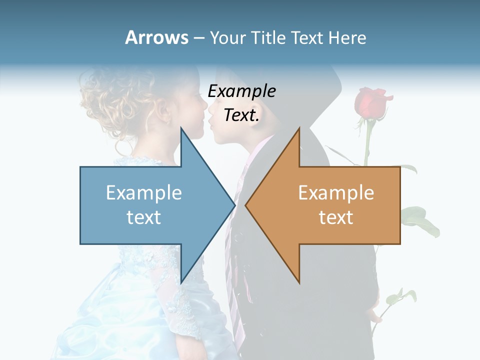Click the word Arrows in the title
pos(156,37)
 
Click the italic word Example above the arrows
pos(241,91)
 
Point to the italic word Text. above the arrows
pos(241,115)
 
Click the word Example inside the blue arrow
pos(143,192)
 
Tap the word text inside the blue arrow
pos(143,217)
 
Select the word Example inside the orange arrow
pos(336,192)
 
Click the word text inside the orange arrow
pos(336,217)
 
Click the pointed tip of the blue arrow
pos(233,205)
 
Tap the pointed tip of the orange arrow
pos(246,205)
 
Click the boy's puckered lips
pos(212,120)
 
